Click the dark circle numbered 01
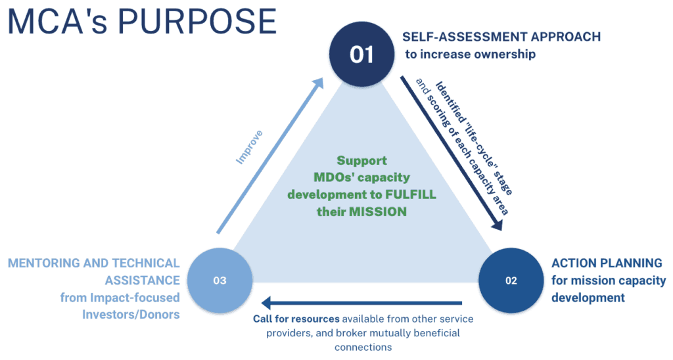361,54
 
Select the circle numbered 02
511,281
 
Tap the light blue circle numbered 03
220,281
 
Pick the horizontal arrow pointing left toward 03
361,303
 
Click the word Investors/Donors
131,314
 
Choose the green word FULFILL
410,194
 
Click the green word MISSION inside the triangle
381,212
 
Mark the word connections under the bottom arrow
362,347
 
